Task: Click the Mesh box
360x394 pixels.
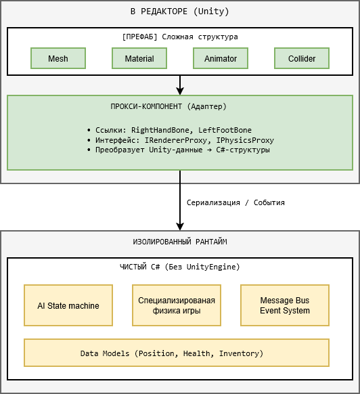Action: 58,58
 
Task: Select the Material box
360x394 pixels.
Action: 139,58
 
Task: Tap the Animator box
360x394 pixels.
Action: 221,58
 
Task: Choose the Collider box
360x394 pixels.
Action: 302,58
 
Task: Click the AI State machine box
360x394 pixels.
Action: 68,305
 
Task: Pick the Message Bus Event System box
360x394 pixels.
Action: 285,305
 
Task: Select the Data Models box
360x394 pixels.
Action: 177,353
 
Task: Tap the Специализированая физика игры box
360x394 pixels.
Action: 177,305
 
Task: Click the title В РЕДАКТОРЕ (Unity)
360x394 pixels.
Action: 180,12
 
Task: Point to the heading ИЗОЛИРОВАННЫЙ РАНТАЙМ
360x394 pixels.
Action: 180,242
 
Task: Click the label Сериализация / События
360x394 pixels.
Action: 235,202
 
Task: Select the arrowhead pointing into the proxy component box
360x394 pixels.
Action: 180,91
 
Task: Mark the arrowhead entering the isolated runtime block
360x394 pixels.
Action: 180,226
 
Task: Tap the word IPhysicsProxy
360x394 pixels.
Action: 245,140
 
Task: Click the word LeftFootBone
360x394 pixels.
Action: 225,130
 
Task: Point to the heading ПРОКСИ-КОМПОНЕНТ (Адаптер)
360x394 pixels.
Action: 168,106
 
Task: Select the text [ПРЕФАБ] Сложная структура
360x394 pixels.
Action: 180,37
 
